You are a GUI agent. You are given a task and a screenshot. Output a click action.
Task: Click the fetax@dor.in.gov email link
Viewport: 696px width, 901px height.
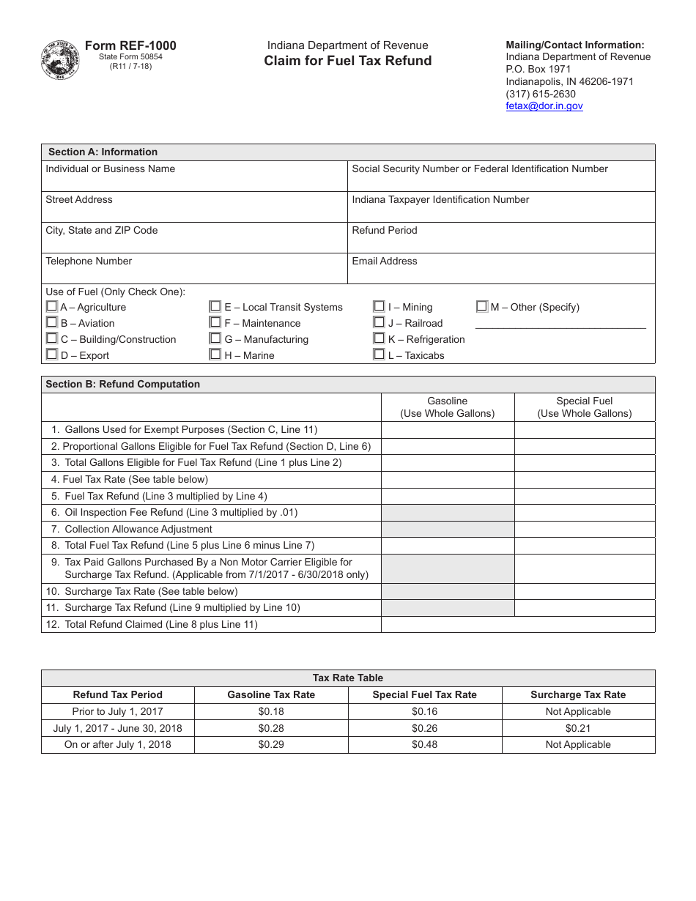coord(544,105)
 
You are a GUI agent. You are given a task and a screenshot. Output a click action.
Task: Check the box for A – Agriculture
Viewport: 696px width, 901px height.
coord(51,306)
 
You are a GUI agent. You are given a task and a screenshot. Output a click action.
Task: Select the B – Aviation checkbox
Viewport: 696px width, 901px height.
coord(51,322)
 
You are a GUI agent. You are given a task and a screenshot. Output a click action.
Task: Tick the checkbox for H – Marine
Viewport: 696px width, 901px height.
coord(215,355)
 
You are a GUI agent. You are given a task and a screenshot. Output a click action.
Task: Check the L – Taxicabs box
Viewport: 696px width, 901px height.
coord(379,355)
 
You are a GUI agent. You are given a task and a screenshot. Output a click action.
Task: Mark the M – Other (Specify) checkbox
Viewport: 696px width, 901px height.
coord(481,306)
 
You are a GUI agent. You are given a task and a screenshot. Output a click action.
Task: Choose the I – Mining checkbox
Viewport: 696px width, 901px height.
coord(379,306)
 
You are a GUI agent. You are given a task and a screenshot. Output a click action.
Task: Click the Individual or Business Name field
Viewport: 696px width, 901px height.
coord(194,181)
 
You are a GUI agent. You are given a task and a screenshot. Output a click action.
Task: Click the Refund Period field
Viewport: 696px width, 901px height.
coord(501,242)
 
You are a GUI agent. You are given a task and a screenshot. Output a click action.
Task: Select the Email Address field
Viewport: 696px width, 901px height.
coord(501,273)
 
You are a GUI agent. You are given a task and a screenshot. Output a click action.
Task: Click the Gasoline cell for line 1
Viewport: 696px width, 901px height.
coord(448,430)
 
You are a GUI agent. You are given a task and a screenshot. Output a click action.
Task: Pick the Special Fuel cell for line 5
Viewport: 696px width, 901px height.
coord(584,496)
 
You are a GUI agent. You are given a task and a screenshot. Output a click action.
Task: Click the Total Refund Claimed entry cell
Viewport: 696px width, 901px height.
coord(518,624)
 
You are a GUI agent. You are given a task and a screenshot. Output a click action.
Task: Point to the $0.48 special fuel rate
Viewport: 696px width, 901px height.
coord(424,744)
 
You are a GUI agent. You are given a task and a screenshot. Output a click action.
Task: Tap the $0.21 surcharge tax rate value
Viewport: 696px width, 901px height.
coord(578,728)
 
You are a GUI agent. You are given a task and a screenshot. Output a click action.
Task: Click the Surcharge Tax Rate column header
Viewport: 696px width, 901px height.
coord(578,694)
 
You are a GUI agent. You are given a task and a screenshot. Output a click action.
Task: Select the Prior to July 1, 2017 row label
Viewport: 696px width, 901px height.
coord(118,711)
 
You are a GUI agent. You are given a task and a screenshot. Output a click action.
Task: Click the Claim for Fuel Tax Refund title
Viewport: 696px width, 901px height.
coord(348,61)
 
